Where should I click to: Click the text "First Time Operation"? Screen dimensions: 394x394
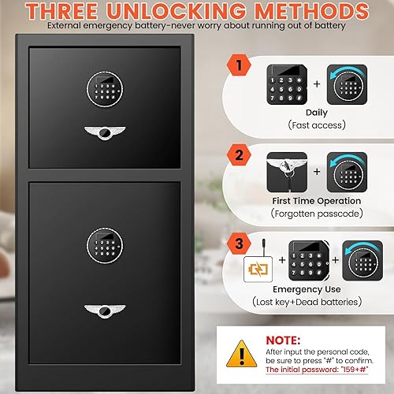coord(316,200)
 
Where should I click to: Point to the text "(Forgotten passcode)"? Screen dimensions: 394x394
coord(316,214)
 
